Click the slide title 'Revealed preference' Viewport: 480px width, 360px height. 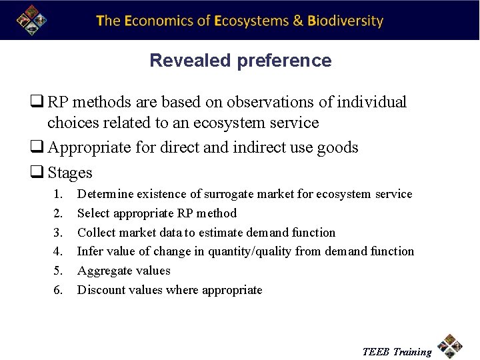pyautogui.click(x=240, y=61)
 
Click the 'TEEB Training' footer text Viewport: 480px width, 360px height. pyautogui.click(x=397, y=352)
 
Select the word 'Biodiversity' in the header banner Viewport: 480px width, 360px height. pyautogui.click(x=345, y=21)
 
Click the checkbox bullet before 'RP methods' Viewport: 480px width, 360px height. pyautogui.click(x=35, y=103)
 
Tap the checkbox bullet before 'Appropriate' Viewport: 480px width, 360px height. pyautogui.click(x=35, y=147)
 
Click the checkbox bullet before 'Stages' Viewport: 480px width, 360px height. pyautogui.click(x=35, y=173)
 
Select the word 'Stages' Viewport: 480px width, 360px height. pyautogui.click(x=70, y=173)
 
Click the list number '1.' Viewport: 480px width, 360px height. pyautogui.click(x=58, y=195)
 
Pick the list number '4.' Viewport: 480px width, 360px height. pyautogui.click(x=58, y=252)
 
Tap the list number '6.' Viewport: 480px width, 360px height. pyautogui.click(x=58, y=290)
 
